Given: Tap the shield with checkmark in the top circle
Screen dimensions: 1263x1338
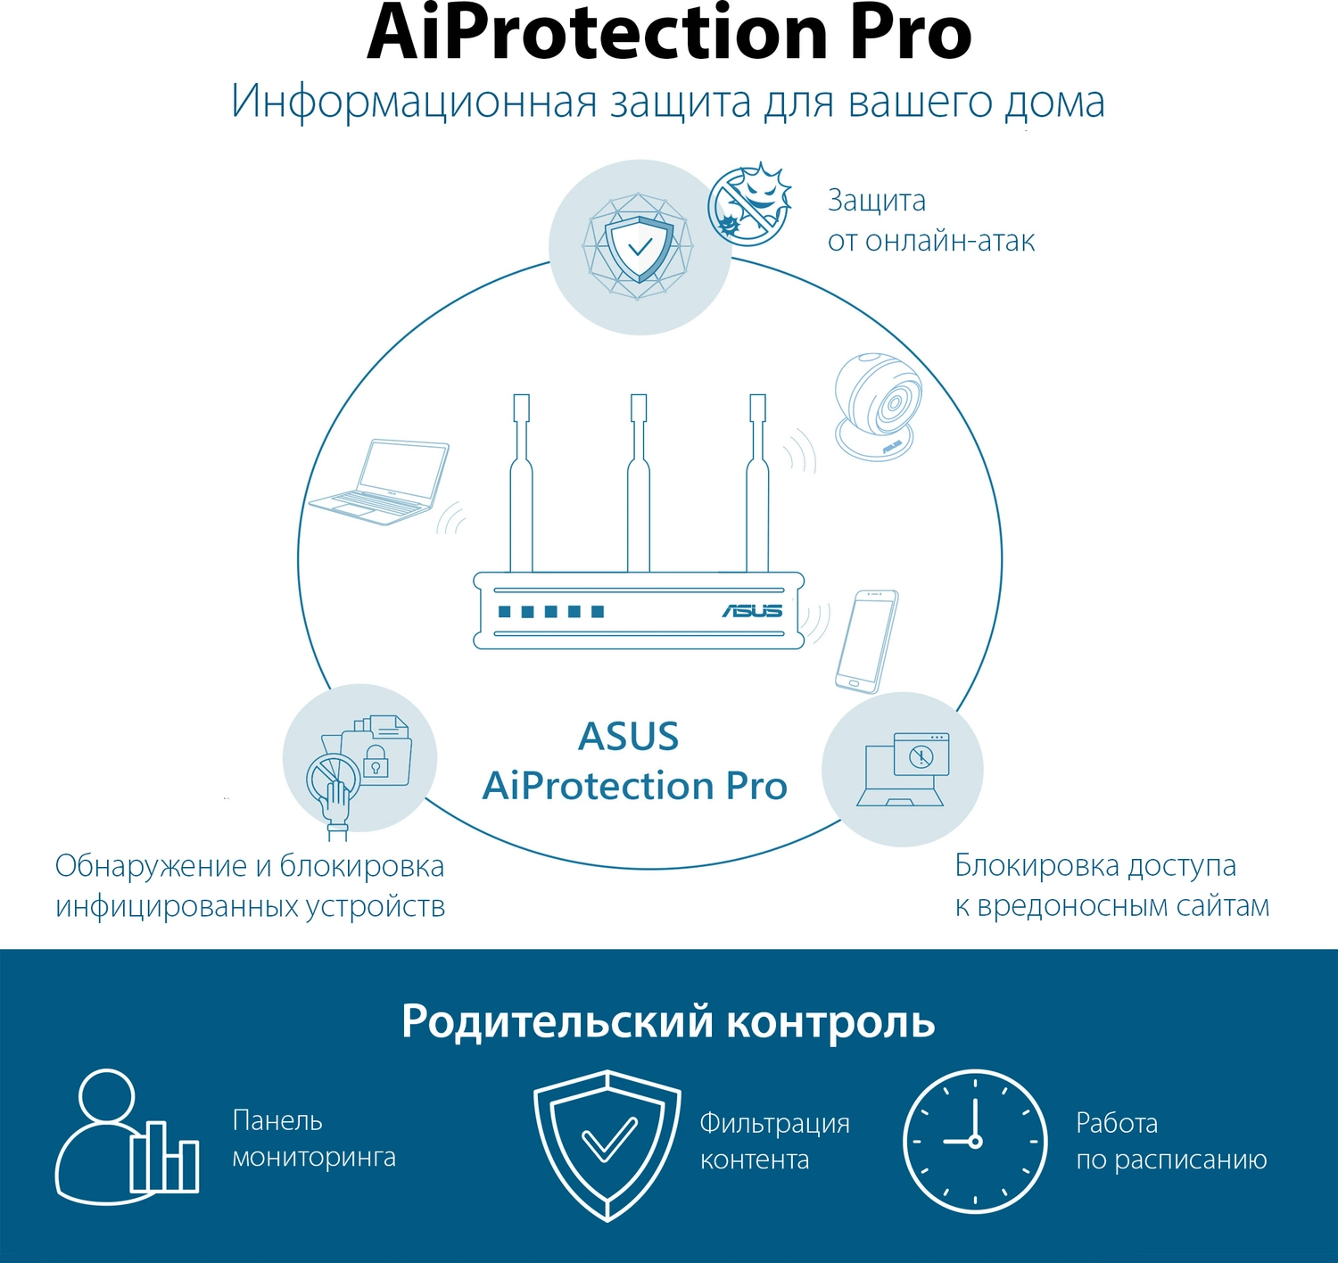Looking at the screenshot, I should [x=640, y=247].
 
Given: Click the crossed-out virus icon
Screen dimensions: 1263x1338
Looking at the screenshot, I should [x=749, y=204].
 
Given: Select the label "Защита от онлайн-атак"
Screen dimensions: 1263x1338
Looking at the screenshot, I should [x=930, y=220].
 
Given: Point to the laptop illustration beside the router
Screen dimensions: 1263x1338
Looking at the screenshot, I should [x=380, y=482].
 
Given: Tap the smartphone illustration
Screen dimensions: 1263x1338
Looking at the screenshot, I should [x=866, y=640].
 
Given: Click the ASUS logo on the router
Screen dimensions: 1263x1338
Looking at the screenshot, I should [x=752, y=611].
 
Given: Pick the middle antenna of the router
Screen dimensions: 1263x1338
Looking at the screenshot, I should [x=638, y=482].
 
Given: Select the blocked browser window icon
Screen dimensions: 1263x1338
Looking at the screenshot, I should [x=921, y=755].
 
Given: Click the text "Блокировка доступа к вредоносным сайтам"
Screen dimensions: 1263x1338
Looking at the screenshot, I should [x=1111, y=885].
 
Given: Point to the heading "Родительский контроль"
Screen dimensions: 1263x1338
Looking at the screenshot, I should [x=668, y=1021].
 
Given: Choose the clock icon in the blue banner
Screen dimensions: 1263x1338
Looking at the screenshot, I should [x=975, y=1141].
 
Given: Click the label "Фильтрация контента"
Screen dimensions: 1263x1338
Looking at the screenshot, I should [x=774, y=1141].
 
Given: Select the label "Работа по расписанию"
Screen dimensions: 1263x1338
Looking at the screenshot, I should [x=1171, y=1141].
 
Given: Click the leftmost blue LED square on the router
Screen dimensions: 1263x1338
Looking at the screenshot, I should [x=505, y=612].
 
